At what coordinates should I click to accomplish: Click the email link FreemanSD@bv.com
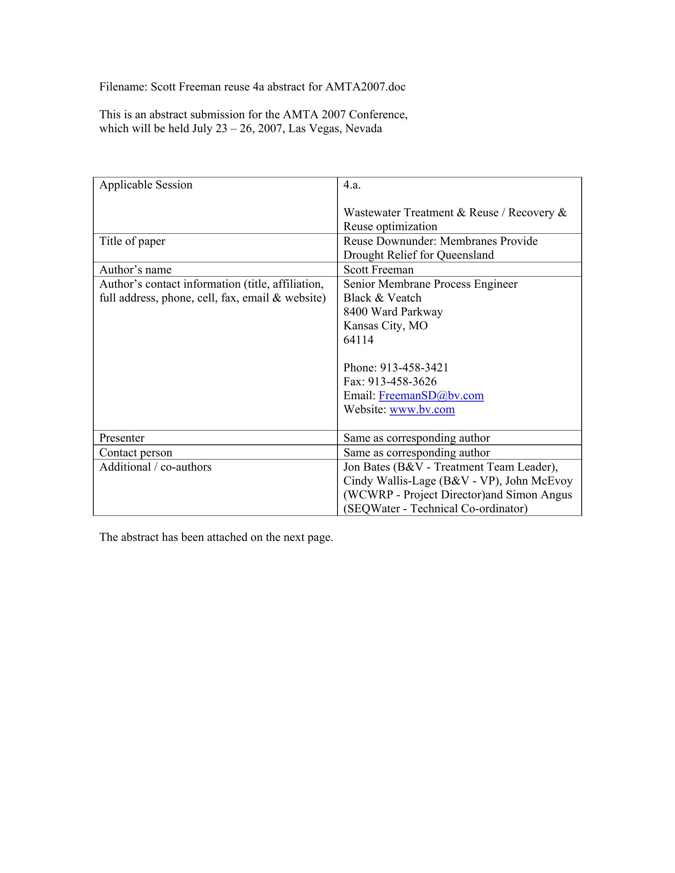[431, 396]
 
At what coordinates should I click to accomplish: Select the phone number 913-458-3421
[414, 368]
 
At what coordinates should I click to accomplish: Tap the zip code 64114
[358, 340]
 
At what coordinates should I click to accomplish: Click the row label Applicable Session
[146, 185]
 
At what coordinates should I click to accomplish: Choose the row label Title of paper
[132, 241]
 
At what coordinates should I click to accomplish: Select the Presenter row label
[121, 438]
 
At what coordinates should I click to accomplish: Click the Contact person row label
[135, 453]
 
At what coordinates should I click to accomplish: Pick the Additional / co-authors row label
[155, 467]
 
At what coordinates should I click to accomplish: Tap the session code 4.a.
[352, 185]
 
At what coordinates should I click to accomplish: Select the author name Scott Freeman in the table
[378, 270]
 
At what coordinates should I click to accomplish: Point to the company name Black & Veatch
[382, 298]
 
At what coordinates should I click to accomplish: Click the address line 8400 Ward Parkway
[393, 312]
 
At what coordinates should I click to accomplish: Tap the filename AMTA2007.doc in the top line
[365, 87]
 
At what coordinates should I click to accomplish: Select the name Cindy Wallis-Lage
[389, 481]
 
